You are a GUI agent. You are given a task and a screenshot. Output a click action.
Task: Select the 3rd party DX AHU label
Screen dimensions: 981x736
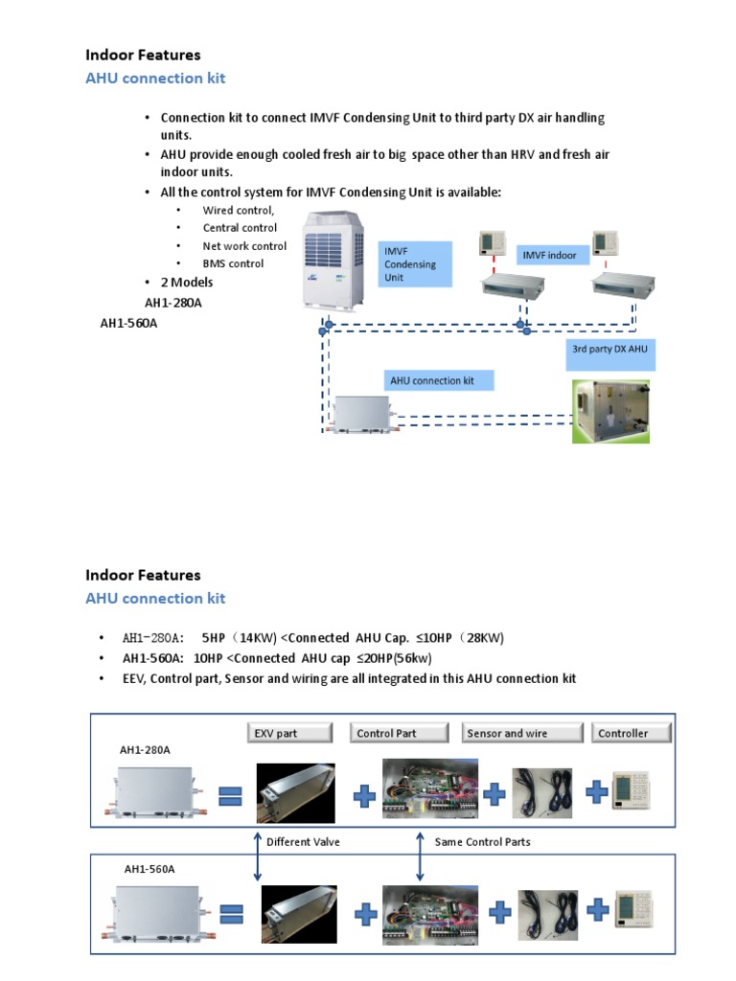(x=609, y=351)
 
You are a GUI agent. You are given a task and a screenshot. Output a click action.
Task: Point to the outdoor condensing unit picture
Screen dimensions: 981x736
(x=334, y=261)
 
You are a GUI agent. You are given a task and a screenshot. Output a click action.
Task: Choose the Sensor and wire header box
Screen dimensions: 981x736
(x=522, y=733)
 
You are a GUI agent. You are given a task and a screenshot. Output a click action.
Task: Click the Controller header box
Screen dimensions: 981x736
(x=632, y=733)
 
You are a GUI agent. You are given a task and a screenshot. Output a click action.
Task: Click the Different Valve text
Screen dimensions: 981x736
(x=303, y=842)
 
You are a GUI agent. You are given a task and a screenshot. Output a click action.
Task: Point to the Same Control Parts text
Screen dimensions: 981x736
(x=482, y=842)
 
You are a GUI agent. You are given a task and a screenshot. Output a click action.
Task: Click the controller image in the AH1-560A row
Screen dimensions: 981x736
(x=633, y=910)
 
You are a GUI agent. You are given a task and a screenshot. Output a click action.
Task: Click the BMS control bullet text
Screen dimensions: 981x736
(x=233, y=263)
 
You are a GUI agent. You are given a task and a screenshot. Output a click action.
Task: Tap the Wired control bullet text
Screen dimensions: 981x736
(x=238, y=211)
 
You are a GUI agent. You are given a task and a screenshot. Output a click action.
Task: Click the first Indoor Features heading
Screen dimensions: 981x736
(x=143, y=56)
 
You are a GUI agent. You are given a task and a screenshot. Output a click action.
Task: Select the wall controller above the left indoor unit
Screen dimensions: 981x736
(x=492, y=243)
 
